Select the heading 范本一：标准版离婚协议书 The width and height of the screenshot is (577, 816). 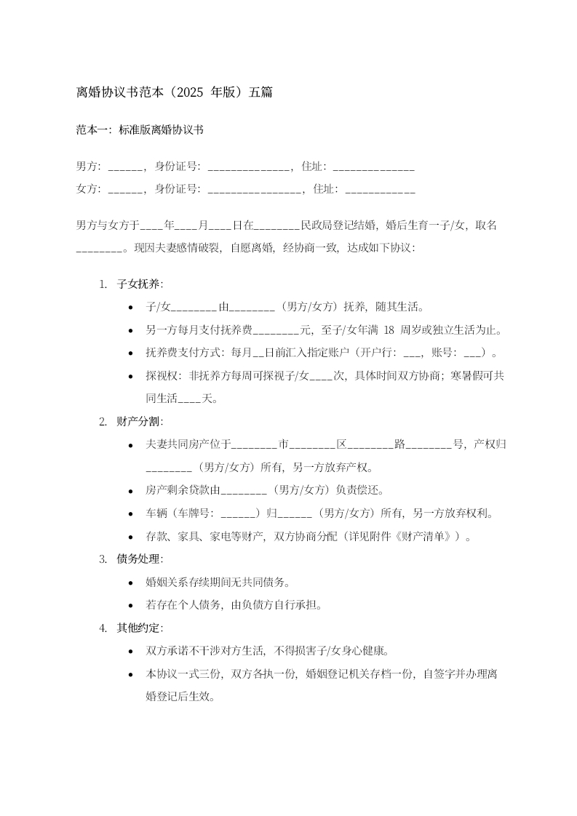[140, 131]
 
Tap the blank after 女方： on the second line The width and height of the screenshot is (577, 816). [125, 190]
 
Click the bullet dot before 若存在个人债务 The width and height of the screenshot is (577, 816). [130, 605]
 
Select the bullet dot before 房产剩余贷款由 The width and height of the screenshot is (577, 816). [130, 491]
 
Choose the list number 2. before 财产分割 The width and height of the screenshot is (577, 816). [103, 422]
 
